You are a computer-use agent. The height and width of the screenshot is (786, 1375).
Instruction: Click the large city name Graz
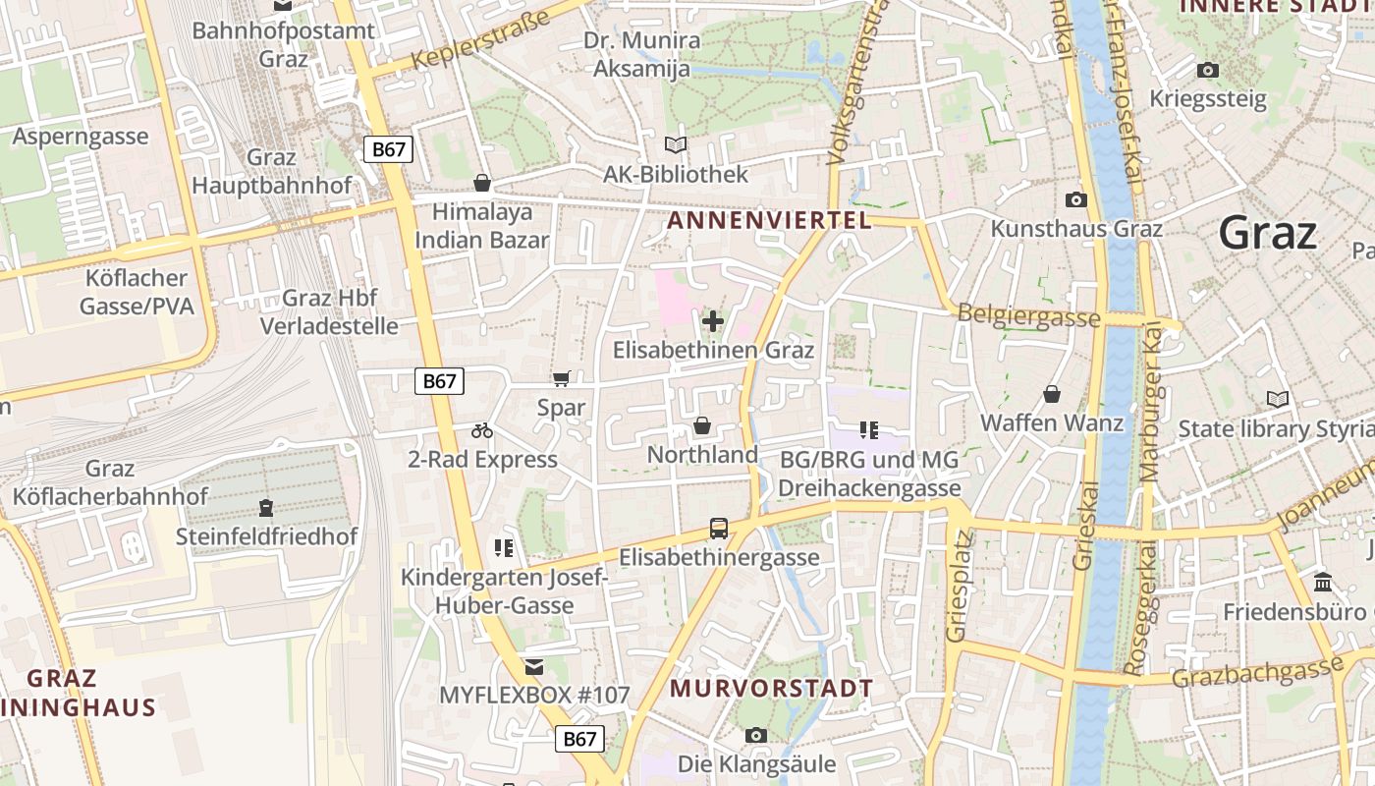pos(1267,234)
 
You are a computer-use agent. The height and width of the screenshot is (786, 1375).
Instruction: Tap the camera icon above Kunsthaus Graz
pos(1076,199)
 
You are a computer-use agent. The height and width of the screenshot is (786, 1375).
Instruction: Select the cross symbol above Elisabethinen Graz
pos(713,321)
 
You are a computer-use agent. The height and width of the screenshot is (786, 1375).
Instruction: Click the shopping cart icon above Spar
pos(561,379)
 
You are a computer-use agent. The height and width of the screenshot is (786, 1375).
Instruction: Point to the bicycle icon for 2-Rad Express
pos(481,430)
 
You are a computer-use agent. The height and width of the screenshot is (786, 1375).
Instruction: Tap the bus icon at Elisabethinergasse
pos(719,529)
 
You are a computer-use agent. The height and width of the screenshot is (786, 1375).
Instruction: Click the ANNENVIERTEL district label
pos(769,221)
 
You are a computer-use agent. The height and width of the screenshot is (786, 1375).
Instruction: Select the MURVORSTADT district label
pos(771,689)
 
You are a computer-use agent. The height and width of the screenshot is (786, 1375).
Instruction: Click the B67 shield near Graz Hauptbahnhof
pos(389,149)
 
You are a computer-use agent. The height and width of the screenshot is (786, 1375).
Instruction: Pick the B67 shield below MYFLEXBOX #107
pos(579,739)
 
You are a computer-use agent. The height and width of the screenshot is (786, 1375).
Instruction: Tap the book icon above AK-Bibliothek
pos(675,145)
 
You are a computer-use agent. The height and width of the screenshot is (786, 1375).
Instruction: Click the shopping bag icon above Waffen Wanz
pos(1052,394)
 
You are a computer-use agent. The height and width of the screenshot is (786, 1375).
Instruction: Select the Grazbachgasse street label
pos(1258,673)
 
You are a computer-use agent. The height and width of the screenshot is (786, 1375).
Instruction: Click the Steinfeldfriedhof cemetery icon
pos(266,508)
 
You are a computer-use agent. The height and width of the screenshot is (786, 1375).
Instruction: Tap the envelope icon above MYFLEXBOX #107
pos(533,667)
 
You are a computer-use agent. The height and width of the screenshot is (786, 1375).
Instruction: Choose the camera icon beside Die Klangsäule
pos(755,735)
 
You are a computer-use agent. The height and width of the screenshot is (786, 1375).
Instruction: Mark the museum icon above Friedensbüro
pos(1322,583)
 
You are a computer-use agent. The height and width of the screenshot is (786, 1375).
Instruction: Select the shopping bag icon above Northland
pos(702,425)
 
